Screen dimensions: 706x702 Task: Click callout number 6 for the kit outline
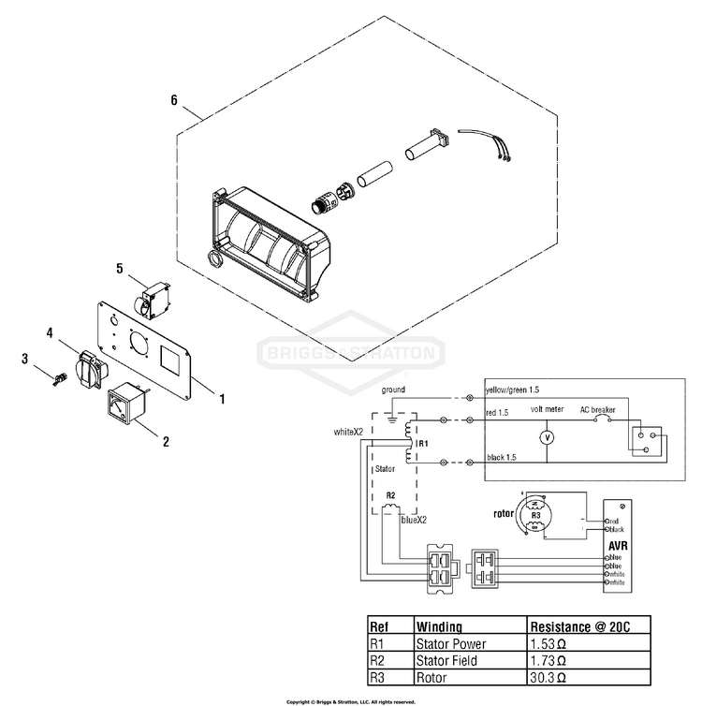click(174, 99)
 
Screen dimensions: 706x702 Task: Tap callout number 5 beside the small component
click(120, 268)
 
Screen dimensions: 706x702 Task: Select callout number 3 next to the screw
click(26, 358)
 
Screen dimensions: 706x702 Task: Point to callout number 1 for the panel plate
click(221, 399)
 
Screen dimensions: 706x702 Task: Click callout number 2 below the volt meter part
click(166, 439)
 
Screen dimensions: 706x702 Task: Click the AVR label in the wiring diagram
click(618, 546)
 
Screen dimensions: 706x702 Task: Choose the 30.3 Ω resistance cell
click(551, 677)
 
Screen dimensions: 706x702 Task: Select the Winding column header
click(440, 626)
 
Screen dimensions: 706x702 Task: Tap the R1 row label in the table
click(379, 644)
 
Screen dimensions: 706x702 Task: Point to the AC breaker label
click(598, 410)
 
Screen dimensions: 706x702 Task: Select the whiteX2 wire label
click(348, 432)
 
